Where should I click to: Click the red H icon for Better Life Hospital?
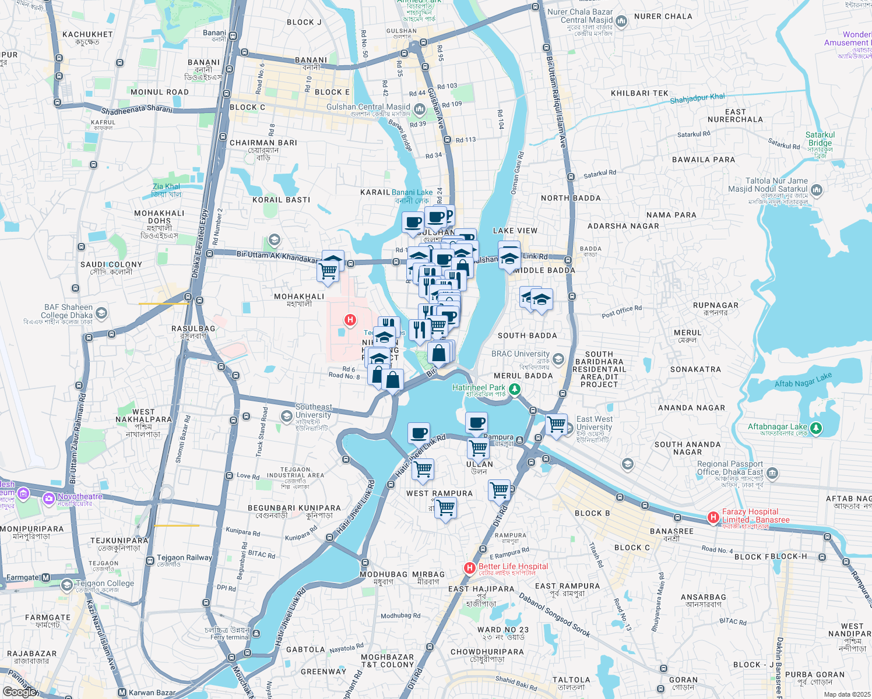pos(469,567)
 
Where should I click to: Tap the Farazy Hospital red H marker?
pos(713,517)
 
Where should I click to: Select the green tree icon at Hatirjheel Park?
pos(515,390)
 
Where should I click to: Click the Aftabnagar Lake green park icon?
pos(816,429)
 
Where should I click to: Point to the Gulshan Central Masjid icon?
pos(419,109)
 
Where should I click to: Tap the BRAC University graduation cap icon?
pos(558,359)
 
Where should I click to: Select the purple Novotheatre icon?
pos(49,498)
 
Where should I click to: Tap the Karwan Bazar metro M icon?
pos(122,693)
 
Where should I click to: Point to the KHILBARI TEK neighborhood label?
pos(639,93)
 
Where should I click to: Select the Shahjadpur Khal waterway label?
pos(697,99)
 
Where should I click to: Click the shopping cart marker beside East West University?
pos(556,424)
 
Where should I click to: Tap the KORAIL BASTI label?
pos(282,200)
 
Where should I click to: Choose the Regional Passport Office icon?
pos(772,472)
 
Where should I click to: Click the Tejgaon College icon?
pos(67,585)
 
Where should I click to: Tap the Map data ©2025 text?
pos(847,694)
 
